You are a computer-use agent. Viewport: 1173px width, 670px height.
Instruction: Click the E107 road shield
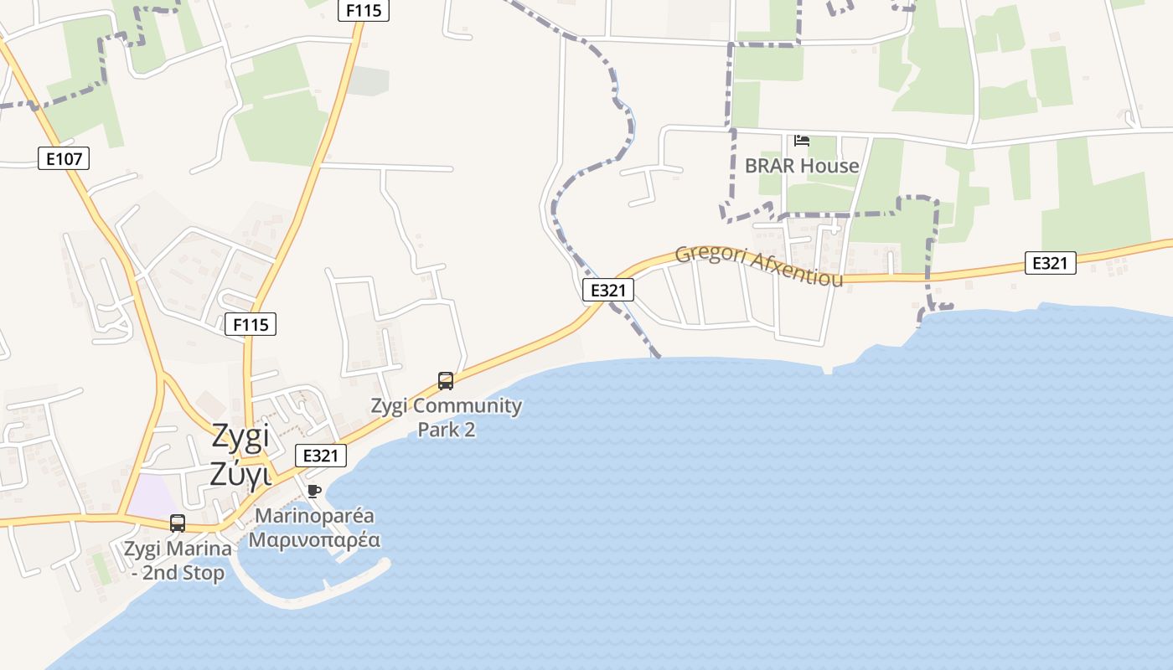(x=64, y=158)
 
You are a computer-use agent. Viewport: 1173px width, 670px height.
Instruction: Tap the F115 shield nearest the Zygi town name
(x=251, y=324)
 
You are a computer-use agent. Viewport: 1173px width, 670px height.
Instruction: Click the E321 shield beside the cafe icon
(x=321, y=456)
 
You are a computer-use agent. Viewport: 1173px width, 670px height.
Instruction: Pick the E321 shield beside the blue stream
(x=608, y=291)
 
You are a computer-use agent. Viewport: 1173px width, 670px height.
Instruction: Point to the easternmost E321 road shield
(x=1050, y=263)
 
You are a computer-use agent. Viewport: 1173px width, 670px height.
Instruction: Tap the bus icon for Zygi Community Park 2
(x=446, y=381)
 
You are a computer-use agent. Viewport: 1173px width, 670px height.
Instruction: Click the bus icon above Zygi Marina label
(x=178, y=523)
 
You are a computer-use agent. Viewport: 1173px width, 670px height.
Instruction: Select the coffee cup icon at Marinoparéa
(x=314, y=491)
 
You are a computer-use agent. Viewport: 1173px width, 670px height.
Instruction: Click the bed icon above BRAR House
(x=802, y=141)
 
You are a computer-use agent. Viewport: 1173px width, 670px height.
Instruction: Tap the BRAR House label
(x=802, y=166)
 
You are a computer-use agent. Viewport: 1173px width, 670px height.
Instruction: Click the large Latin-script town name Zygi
(x=240, y=436)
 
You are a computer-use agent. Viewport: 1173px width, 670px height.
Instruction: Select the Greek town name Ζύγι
(x=240, y=474)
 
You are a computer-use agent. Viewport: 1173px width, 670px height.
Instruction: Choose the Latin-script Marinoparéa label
(x=314, y=516)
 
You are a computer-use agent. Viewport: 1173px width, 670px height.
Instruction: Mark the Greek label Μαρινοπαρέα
(x=314, y=539)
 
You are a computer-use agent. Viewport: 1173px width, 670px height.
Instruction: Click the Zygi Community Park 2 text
(x=447, y=417)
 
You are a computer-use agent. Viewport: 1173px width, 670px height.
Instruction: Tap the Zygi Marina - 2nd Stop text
(x=178, y=561)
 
